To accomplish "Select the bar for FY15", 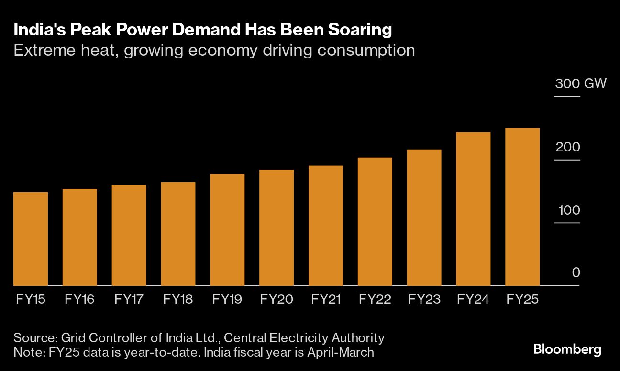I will tap(31, 239).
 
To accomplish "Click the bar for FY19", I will tap(227, 230).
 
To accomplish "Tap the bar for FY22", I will tap(375, 221).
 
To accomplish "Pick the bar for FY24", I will tap(473, 209).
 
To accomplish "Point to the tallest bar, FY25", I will tap(522, 207).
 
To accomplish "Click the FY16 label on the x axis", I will tap(79, 300).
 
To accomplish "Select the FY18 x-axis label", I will tap(178, 300).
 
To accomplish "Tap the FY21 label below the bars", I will tap(325, 300).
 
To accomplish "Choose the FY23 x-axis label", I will tap(424, 300).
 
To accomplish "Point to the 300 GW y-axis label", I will tap(580, 84).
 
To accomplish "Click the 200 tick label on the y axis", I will tap(567, 147).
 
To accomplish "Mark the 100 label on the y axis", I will tap(567, 210).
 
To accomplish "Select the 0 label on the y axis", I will tap(576, 273).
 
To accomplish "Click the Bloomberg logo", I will tap(567, 350).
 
